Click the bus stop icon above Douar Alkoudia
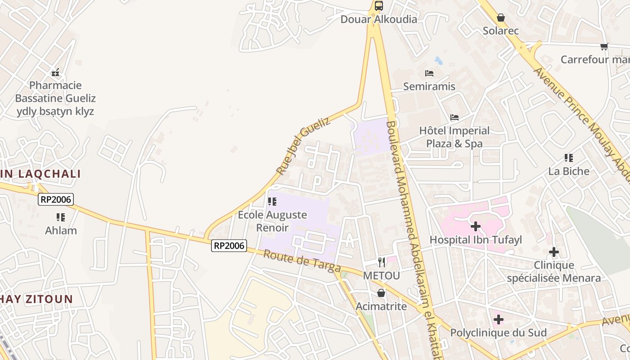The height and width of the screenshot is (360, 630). [x=379, y=6]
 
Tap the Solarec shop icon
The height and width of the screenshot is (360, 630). [x=500, y=18]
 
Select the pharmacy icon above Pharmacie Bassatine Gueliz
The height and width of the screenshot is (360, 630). [x=55, y=72]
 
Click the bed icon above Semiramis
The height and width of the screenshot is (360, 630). [x=429, y=73]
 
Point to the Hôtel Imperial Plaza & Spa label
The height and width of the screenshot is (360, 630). [x=454, y=137]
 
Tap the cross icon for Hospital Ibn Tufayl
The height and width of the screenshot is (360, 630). [x=475, y=226]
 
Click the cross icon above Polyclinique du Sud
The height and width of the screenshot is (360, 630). [x=498, y=319]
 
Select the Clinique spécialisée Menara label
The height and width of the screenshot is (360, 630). [x=553, y=271]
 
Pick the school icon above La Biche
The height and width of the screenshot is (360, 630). [x=569, y=158]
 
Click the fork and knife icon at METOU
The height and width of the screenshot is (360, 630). [x=382, y=262]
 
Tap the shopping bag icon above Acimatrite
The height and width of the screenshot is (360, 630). [x=381, y=293]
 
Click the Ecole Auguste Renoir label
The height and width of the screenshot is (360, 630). [x=272, y=221]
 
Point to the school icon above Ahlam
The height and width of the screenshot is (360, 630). [x=61, y=217]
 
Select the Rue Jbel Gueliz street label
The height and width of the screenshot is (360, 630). [x=303, y=146]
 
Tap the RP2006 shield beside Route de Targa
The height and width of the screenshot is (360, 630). [x=229, y=245]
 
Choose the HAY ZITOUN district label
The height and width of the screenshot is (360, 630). [x=36, y=299]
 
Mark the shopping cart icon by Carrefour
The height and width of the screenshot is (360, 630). [x=604, y=46]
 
